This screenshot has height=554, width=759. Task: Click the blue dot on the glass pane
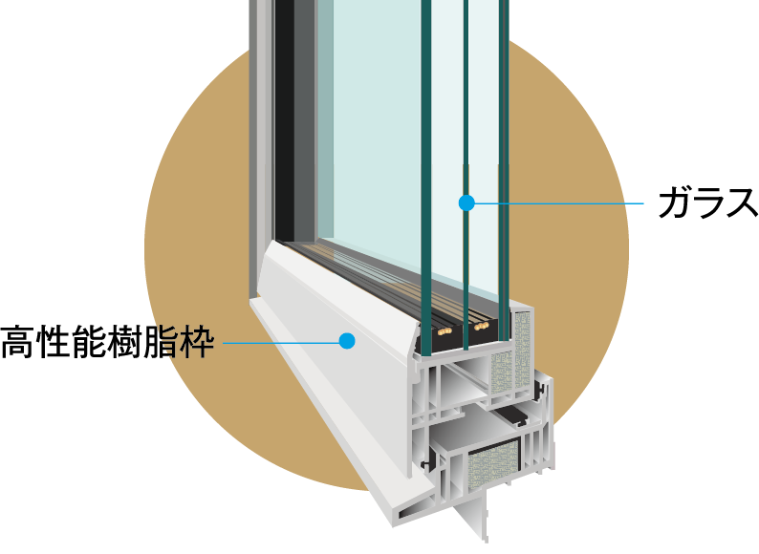pyautogui.click(x=466, y=202)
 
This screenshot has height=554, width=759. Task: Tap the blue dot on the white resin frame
pyautogui.click(x=347, y=340)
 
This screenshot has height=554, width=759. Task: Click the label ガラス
pyautogui.click(x=706, y=202)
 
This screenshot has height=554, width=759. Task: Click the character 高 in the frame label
pyautogui.click(x=18, y=341)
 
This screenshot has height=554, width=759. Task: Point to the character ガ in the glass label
pyautogui.click(x=674, y=202)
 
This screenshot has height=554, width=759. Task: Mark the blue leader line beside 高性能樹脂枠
pyautogui.click(x=277, y=340)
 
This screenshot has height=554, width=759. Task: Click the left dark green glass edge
pyautogui.click(x=425, y=143)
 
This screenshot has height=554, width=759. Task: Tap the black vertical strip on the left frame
pyautogui.click(x=284, y=115)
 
